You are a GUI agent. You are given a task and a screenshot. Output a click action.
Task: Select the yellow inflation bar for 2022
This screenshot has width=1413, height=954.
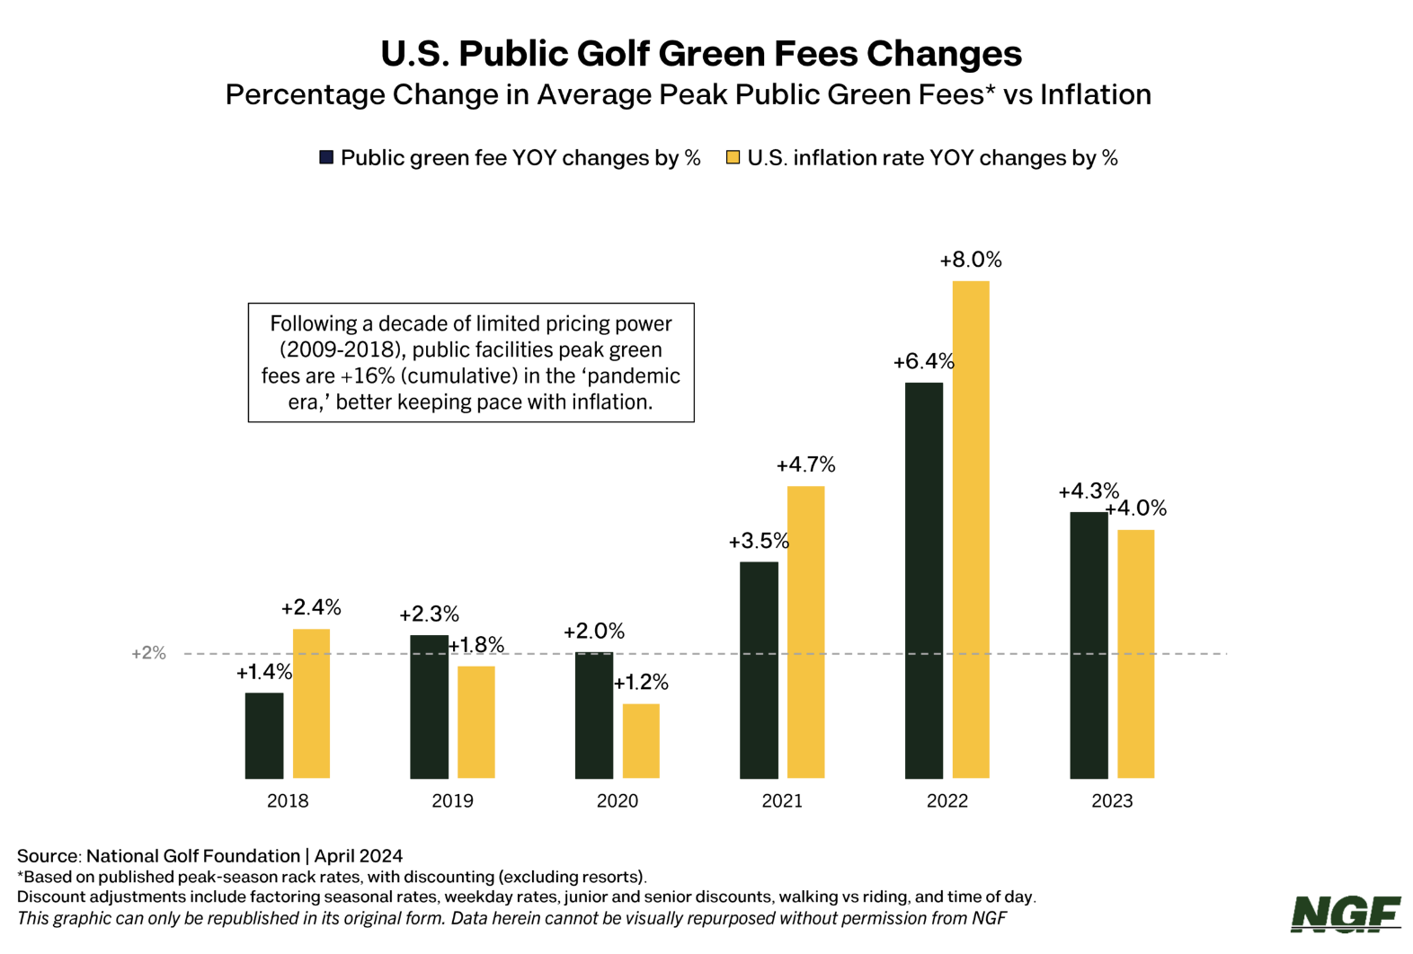(971, 529)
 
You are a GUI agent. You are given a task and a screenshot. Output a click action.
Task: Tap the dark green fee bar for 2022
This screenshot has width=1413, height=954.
(924, 580)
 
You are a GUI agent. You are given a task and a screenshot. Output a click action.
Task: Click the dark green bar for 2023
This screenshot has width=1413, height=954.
(1089, 645)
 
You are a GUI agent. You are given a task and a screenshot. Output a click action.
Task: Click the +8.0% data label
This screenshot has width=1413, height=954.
(971, 261)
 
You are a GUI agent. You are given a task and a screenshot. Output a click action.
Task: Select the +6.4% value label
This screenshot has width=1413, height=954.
(923, 362)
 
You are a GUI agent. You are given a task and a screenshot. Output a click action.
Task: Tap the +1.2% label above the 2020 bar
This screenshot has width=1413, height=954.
(641, 684)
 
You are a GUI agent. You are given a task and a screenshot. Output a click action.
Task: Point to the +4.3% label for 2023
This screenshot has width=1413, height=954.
(1089, 491)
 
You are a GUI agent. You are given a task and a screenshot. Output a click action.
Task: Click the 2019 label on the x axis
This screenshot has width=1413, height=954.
(452, 801)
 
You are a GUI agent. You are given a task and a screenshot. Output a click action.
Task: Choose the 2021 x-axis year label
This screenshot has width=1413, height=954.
(782, 801)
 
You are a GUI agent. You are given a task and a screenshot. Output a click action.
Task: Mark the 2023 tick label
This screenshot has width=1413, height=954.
(1112, 801)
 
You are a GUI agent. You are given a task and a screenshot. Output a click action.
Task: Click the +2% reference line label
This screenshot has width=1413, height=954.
(148, 653)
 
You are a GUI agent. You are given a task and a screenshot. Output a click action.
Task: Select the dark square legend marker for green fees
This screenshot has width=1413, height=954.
(326, 158)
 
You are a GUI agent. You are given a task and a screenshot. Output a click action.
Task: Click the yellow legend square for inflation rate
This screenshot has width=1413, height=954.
(733, 158)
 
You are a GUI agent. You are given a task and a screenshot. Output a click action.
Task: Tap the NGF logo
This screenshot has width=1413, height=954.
(1346, 914)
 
